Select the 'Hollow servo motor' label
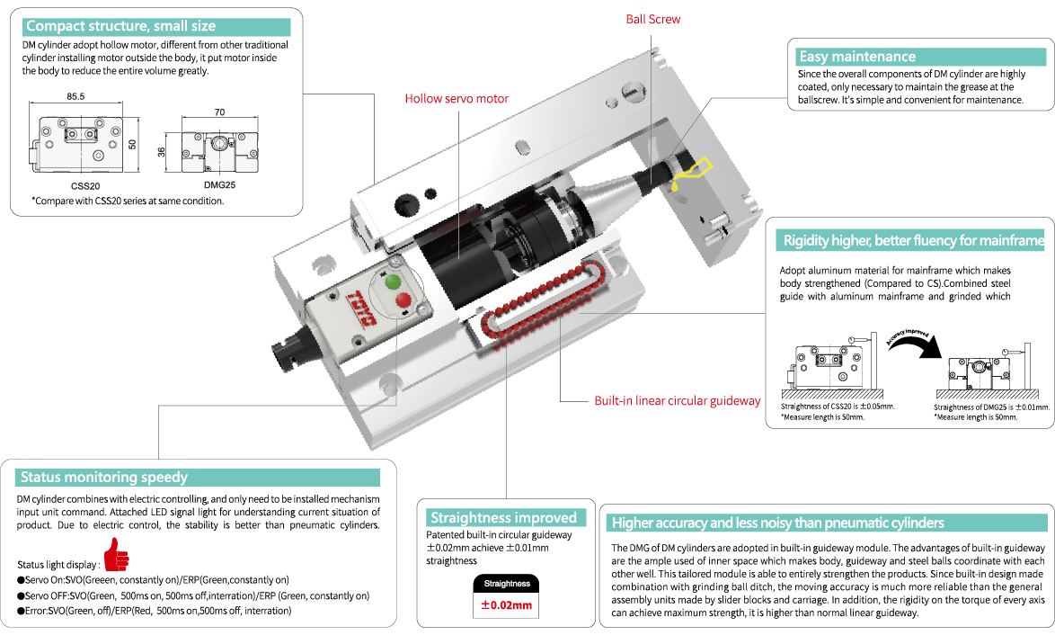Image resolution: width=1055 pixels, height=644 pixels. [x=457, y=98]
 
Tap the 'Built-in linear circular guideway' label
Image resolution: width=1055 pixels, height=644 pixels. [x=678, y=401]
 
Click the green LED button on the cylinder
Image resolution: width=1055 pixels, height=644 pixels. [x=392, y=282]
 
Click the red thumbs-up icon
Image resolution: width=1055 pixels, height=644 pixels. [x=116, y=554]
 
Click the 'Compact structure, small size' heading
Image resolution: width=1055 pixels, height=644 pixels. [x=120, y=26]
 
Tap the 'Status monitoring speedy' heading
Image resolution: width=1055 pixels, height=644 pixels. [x=103, y=477]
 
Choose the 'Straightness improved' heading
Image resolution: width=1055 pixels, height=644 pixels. [x=503, y=517]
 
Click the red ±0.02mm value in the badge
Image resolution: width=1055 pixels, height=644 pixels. [x=506, y=604]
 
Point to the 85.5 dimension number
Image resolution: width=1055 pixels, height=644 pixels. [x=75, y=95]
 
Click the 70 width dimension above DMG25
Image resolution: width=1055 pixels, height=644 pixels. [x=218, y=113]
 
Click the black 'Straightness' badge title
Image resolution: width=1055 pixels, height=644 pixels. [x=507, y=584]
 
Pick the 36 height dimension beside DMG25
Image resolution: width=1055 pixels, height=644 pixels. [x=163, y=152]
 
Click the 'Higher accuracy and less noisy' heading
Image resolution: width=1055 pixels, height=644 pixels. [x=778, y=523]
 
